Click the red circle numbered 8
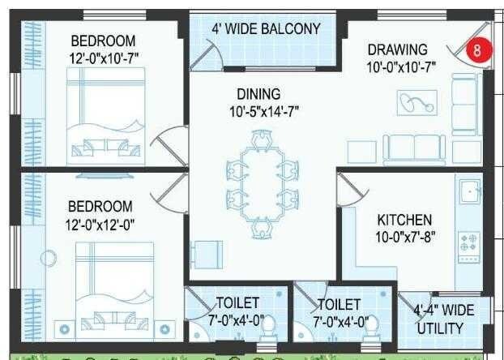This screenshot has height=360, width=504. (x=477, y=49)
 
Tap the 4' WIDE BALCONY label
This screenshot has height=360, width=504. (x=266, y=29)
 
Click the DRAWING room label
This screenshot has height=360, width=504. (x=397, y=49)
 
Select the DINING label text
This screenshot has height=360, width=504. (x=258, y=94)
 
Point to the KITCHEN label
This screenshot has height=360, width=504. (x=404, y=220)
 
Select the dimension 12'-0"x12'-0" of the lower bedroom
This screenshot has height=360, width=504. (x=100, y=222)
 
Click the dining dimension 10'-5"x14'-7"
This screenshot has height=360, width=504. (x=258, y=111)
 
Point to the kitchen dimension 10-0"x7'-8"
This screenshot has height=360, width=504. (x=404, y=237)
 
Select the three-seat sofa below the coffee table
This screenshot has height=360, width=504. (x=414, y=148)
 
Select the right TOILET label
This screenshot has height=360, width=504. (x=340, y=303)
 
